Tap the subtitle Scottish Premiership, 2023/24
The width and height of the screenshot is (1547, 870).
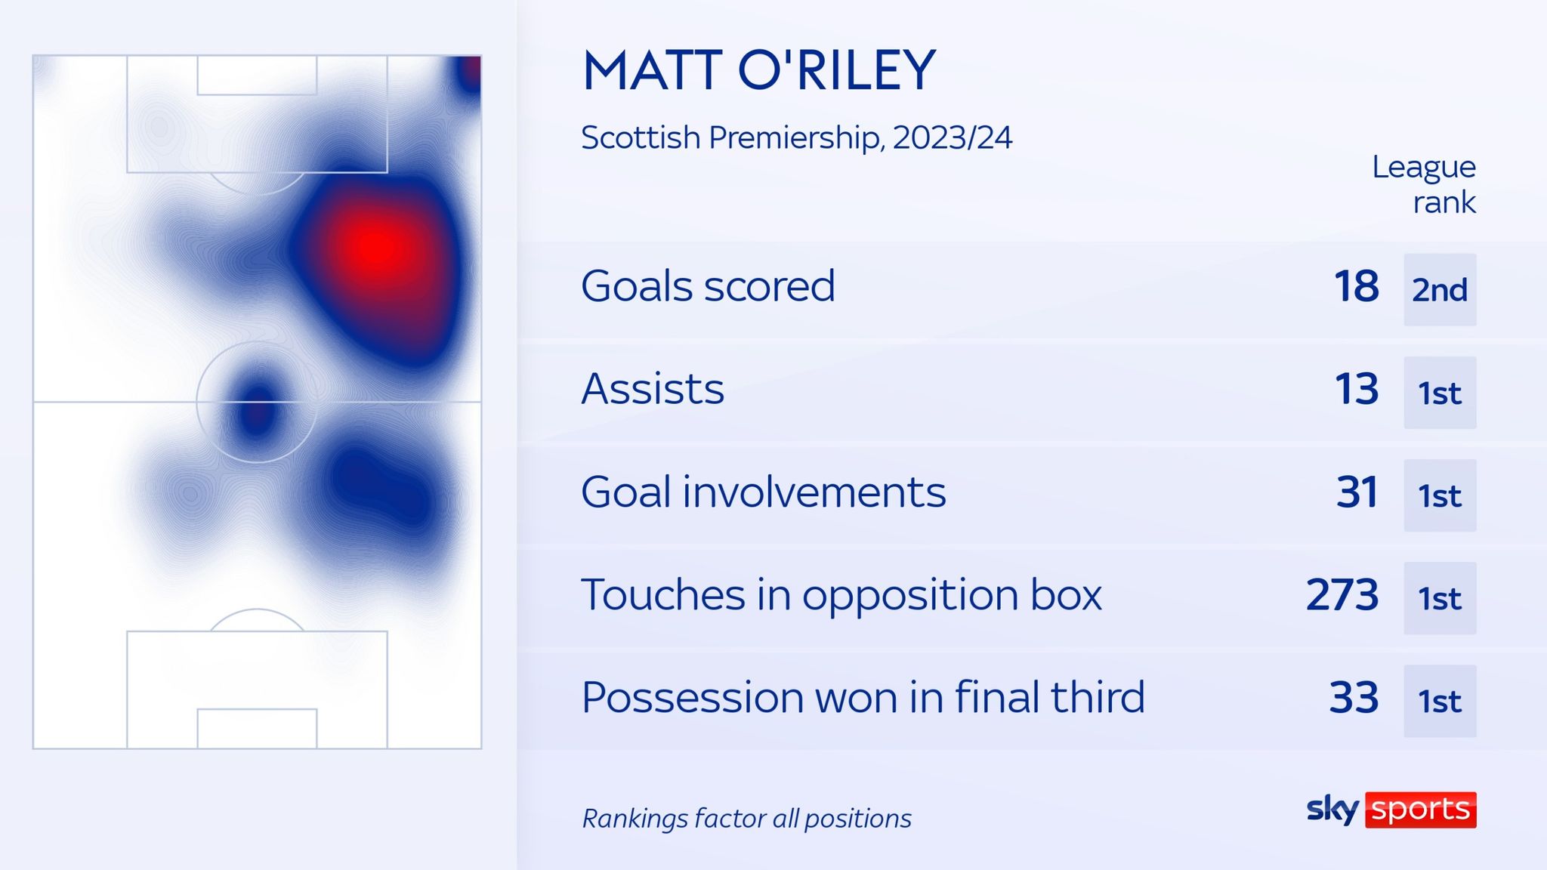coord(796,137)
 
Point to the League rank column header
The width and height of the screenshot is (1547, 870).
coord(1424,184)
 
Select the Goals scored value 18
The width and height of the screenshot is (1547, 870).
coord(1357,286)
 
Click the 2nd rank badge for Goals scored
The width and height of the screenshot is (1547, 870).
coord(1440,289)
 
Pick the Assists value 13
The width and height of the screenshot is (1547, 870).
coord(1357,389)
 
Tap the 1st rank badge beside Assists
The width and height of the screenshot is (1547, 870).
coord(1440,393)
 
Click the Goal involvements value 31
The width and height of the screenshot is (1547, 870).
coord(1357,492)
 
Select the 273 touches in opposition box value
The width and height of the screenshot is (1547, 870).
coord(1342,595)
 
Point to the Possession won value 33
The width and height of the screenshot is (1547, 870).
coord(1354,698)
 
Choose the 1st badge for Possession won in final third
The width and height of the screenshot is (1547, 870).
coord(1440,701)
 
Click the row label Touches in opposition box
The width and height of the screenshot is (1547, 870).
coord(841,595)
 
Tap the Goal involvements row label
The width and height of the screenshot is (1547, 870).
coord(764,492)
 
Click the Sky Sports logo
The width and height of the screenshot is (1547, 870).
coord(1391,810)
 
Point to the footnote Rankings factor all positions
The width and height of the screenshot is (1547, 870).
coord(747,819)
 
